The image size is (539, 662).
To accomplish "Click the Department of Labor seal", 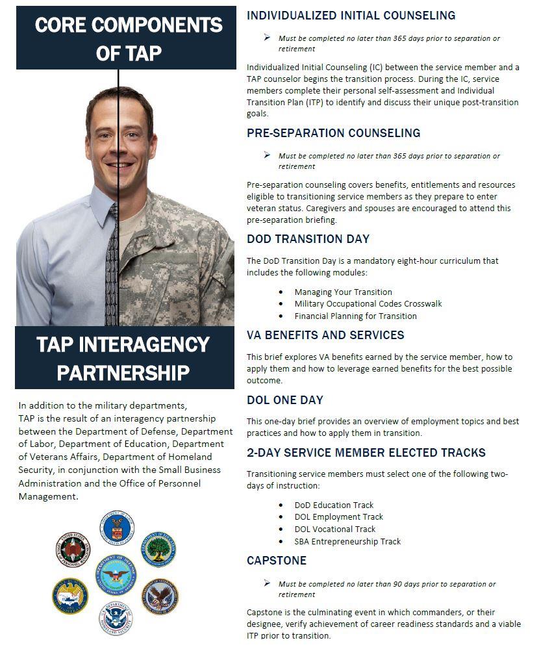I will coord(117,528).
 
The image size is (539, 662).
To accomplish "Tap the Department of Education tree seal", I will coord(158,549).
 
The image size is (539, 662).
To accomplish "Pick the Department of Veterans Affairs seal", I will coord(160,596).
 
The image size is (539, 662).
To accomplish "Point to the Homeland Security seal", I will coord(116,618).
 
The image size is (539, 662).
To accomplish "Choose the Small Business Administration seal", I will coord(71,596).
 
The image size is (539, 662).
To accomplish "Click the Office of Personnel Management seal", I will coord(73,549).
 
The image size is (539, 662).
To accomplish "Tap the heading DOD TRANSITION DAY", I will coord(308,239).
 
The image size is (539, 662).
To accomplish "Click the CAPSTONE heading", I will coord(276,561).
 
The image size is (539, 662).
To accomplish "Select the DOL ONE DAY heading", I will coord(284,400).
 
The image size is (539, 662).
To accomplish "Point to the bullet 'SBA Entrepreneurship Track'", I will coord(347,541).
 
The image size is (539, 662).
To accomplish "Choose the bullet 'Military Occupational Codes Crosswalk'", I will coord(368,304).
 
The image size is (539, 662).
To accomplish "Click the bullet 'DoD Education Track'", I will coord(334,505).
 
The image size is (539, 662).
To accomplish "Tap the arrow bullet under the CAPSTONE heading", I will coord(267,583).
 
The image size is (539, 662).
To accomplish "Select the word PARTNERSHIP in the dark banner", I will coord(123,372).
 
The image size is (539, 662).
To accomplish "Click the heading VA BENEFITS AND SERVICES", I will coord(325,335).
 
